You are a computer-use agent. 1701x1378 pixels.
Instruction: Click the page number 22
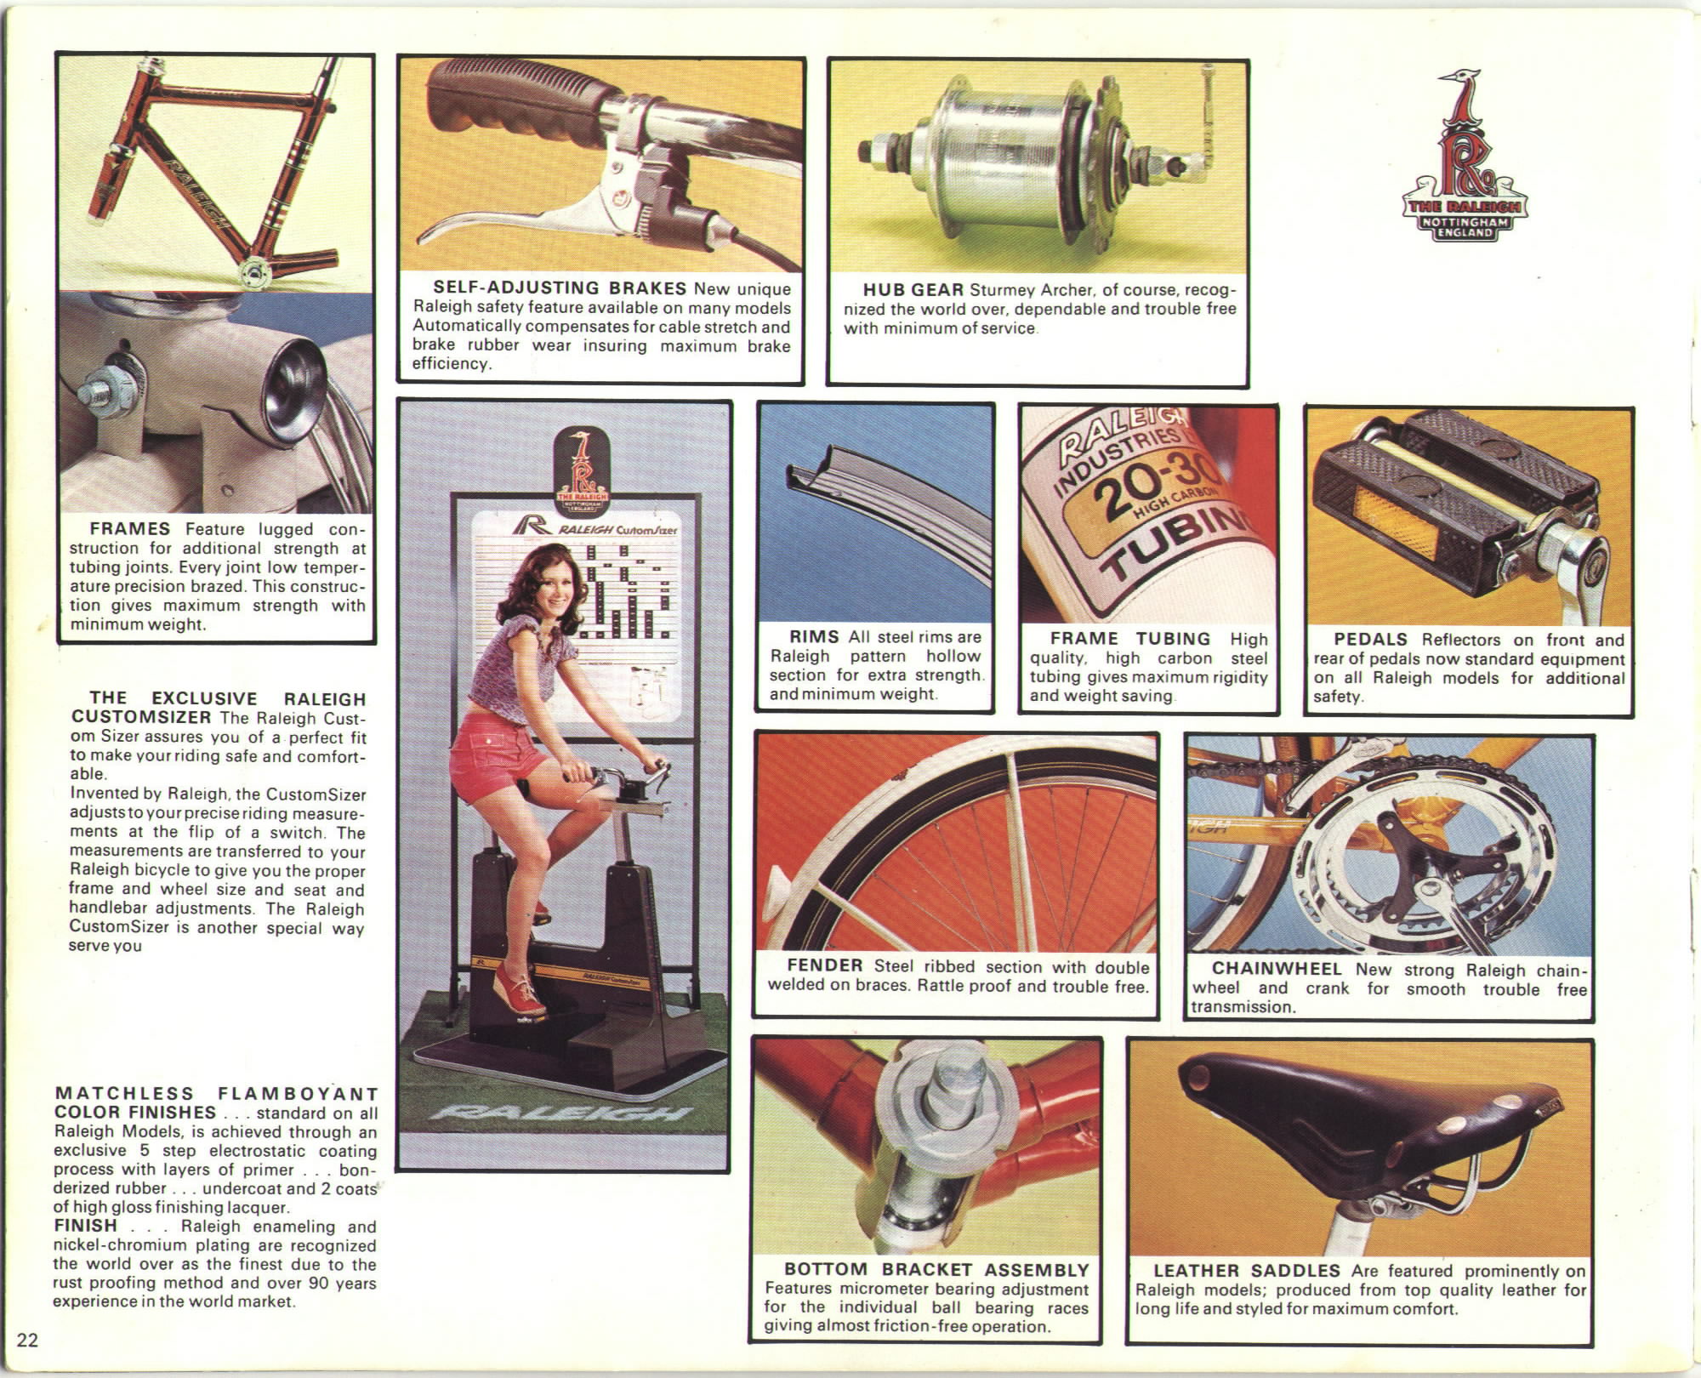pyautogui.click(x=28, y=1341)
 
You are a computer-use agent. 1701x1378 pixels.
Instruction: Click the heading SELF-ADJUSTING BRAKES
pyautogui.click(x=560, y=288)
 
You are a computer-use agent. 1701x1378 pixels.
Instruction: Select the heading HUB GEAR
pyautogui.click(x=913, y=290)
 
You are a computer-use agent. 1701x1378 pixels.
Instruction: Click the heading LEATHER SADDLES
pyautogui.click(x=1247, y=1271)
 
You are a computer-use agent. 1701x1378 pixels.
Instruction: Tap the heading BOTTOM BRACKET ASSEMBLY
pyautogui.click(x=936, y=1270)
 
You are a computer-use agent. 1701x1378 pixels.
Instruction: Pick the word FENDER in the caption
pyautogui.click(x=825, y=965)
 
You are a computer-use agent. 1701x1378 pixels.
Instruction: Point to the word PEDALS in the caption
pyautogui.click(x=1371, y=639)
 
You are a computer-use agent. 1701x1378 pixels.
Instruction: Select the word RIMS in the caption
pyautogui.click(x=815, y=636)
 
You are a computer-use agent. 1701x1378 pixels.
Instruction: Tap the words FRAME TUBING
pyautogui.click(x=1130, y=638)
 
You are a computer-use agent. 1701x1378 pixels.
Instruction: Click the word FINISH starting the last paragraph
pyautogui.click(x=86, y=1226)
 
